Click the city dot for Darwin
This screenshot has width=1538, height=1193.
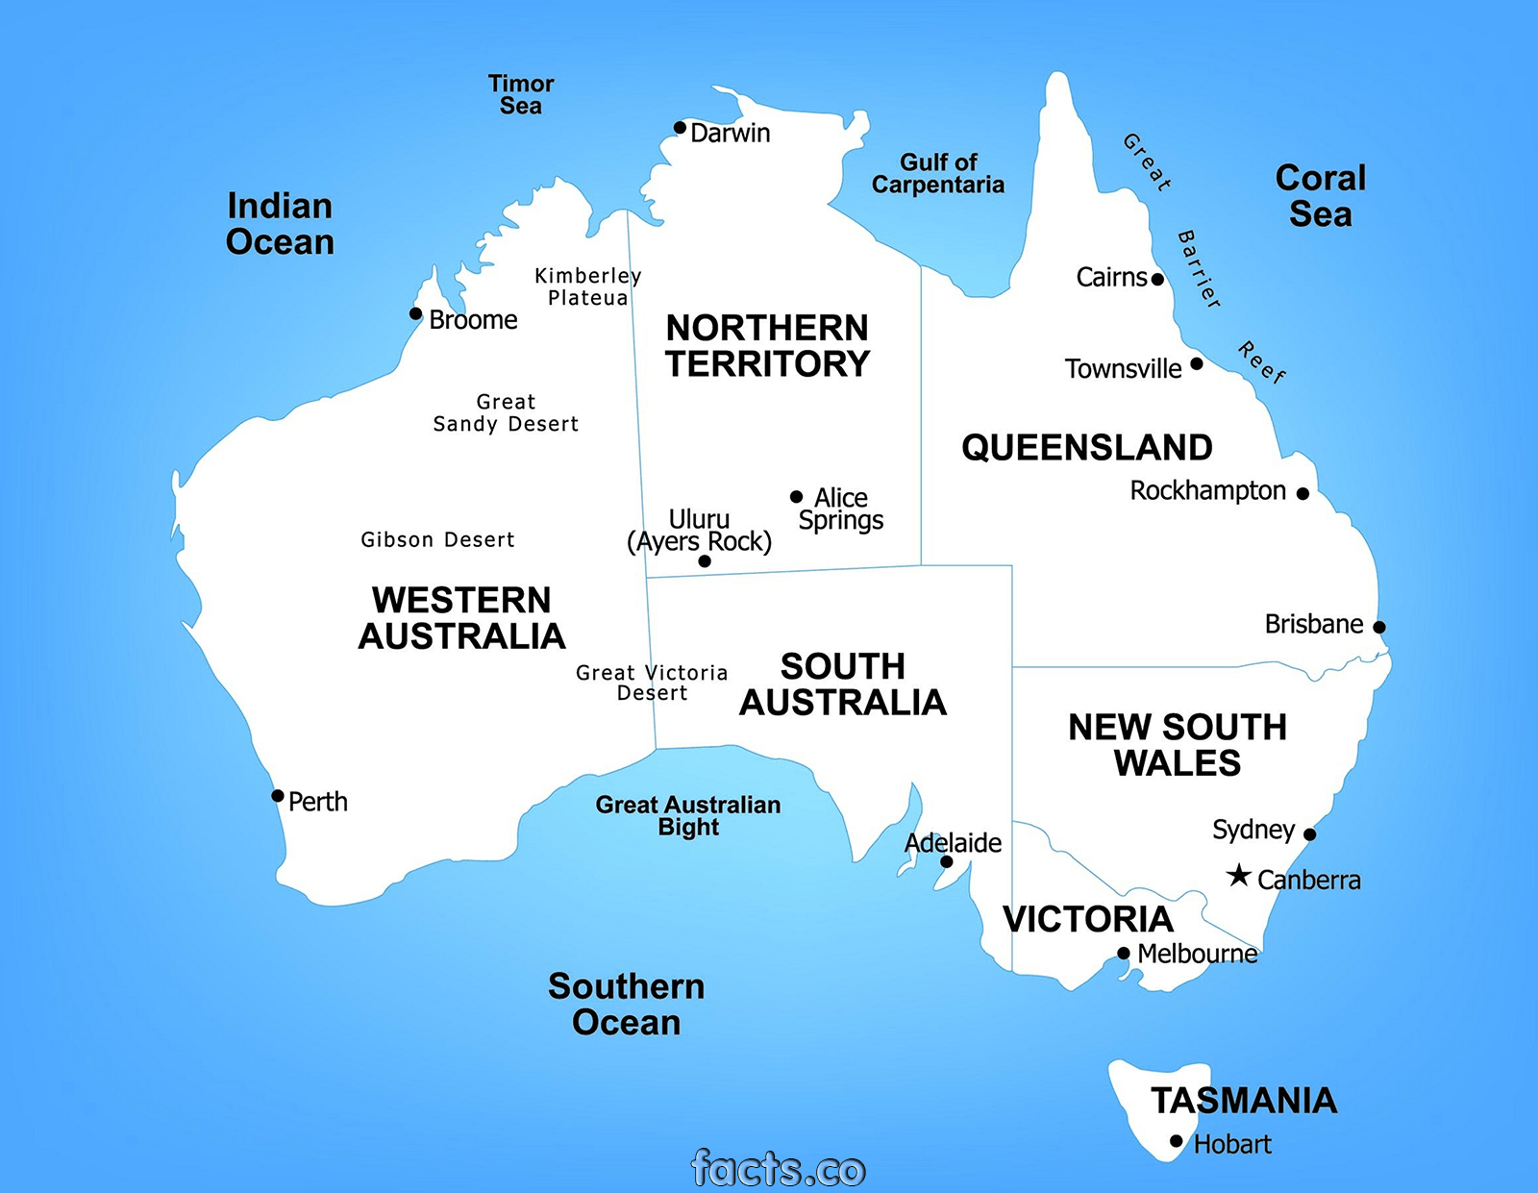click(680, 128)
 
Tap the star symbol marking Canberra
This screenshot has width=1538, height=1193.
click(1239, 876)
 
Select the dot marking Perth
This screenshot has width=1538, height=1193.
click(278, 796)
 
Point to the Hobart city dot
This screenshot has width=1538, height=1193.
click(1177, 1141)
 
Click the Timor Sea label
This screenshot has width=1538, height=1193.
click(521, 95)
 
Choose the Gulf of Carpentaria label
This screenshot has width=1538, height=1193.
click(937, 174)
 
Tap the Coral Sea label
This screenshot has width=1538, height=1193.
click(1321, 195)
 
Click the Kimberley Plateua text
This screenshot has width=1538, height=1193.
click(587, 286)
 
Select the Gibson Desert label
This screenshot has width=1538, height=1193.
click(437, 540)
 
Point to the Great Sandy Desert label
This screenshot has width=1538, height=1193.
click(506, 413)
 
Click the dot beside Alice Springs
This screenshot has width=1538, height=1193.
click(796, 497)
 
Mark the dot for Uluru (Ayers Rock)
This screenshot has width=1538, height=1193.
click(705, 561)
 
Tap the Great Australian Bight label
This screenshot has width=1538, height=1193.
click(688, 815)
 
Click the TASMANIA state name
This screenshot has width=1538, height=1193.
click(1244, 1101)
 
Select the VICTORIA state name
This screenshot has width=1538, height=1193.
click(1088, 920)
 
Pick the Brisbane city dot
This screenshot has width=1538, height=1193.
click(1379, 627)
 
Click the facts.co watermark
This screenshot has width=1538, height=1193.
click(779, 1169)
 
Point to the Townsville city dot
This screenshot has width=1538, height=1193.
click(1197, 363)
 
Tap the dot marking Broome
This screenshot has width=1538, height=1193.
click(415, 313)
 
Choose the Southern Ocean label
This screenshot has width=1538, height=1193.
click(627, 1005)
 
